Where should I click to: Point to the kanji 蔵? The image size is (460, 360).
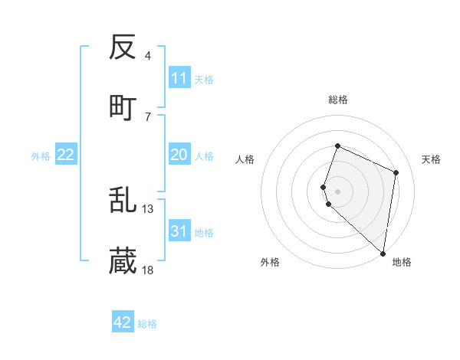(123, 262)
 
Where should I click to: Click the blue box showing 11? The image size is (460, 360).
(179, 78)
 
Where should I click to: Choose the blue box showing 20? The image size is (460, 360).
(179, 155)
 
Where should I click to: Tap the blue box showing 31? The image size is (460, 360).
(179, 231)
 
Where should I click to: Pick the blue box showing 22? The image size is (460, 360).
(66, 155)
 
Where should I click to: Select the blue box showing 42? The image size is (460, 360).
(123, 322)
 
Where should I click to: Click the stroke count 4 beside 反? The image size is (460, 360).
(148, 56)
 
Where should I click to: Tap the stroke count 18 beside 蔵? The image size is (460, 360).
(148, 270)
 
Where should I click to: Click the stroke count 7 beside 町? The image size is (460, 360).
(148, 116)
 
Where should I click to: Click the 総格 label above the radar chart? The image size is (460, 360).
(338, 100)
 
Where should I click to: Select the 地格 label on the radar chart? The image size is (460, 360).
(402, 262)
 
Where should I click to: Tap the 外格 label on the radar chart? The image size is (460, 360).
(270, 262)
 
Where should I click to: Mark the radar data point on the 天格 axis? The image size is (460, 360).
(396, 172)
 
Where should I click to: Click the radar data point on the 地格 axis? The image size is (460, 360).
(383, 254)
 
